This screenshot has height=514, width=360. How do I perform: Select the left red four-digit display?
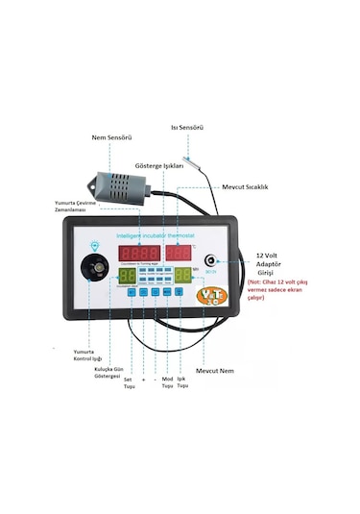tap(138, 254)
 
